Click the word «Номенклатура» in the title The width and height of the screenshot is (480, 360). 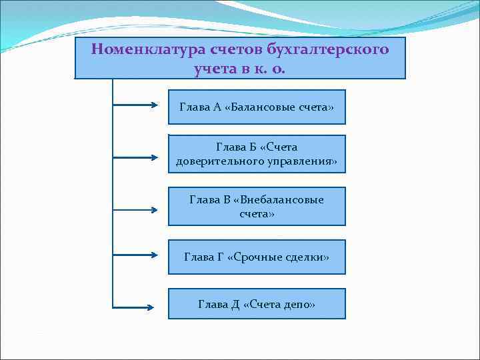tap(133, 49)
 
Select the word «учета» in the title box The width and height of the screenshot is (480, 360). tap(215, 67)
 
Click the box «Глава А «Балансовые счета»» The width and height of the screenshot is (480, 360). tap(257, 107)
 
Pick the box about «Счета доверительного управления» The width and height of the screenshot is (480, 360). tap(257, 154)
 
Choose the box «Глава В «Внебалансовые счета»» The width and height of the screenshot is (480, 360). tap(257, 206)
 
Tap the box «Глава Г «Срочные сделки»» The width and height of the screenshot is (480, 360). tap(257, 257)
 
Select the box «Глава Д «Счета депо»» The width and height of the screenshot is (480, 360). tap(257, 304)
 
